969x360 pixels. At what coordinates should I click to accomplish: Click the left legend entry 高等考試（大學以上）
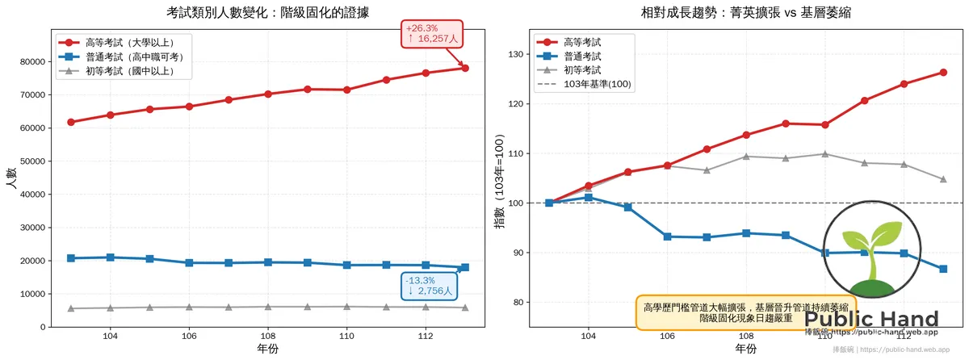click(129, 42)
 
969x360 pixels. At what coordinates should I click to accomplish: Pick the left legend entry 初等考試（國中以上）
click(129, 71)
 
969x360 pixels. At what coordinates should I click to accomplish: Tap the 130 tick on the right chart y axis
click(516, 55)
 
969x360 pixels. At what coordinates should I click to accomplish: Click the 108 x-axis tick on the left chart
click(268, 335)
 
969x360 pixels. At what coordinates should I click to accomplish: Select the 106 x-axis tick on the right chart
click(667, 335)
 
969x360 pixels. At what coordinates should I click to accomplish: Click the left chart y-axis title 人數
click(10, 178)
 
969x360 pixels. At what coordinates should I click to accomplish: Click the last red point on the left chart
click(465, 68)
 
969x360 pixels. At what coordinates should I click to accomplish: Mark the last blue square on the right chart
click(943, 269)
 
